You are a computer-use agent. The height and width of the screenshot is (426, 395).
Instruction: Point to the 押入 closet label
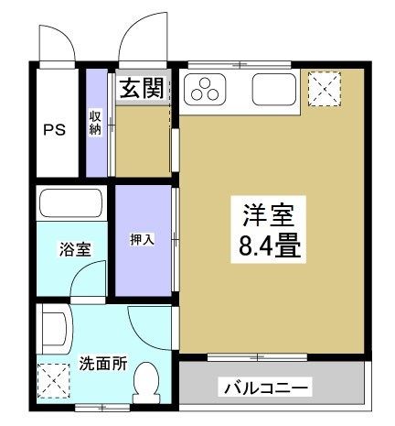coord(141,240)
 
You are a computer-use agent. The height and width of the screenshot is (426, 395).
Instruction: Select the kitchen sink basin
coord(272,90)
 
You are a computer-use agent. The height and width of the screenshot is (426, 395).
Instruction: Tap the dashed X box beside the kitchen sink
coord(324,91)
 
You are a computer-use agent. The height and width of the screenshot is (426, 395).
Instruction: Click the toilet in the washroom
coord(145,379)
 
